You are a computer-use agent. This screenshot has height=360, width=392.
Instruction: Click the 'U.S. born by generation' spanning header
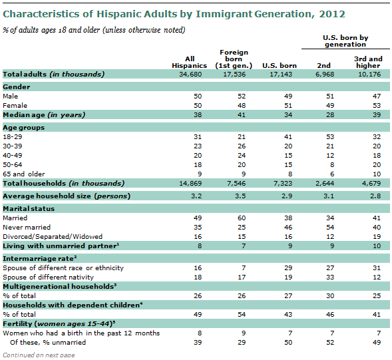[x=345, y=41]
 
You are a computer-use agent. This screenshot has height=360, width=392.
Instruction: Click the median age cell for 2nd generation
[x=329, y=114]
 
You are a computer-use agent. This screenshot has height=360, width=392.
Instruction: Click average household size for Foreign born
[x=234, y=196]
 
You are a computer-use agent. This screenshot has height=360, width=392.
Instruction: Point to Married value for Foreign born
[x=234, y=218]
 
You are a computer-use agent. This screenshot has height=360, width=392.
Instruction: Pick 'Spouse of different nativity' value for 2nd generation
[x=329, y=275]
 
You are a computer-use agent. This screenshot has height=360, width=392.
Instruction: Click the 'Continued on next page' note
[x=38, y=355]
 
